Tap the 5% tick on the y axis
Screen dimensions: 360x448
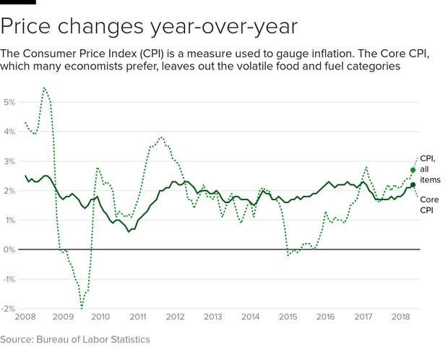pos(10,102)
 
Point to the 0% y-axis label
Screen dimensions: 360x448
pos(10,249)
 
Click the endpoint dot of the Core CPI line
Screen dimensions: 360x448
pos(413,185)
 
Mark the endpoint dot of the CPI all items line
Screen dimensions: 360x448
pos(413,171)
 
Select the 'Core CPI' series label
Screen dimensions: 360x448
pos(431,204)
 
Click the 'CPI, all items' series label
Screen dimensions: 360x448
pos(431,168)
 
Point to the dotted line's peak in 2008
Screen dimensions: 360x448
pos(44,88)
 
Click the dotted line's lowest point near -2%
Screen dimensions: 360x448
pos(82,307)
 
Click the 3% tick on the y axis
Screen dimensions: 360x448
pos(10,161)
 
